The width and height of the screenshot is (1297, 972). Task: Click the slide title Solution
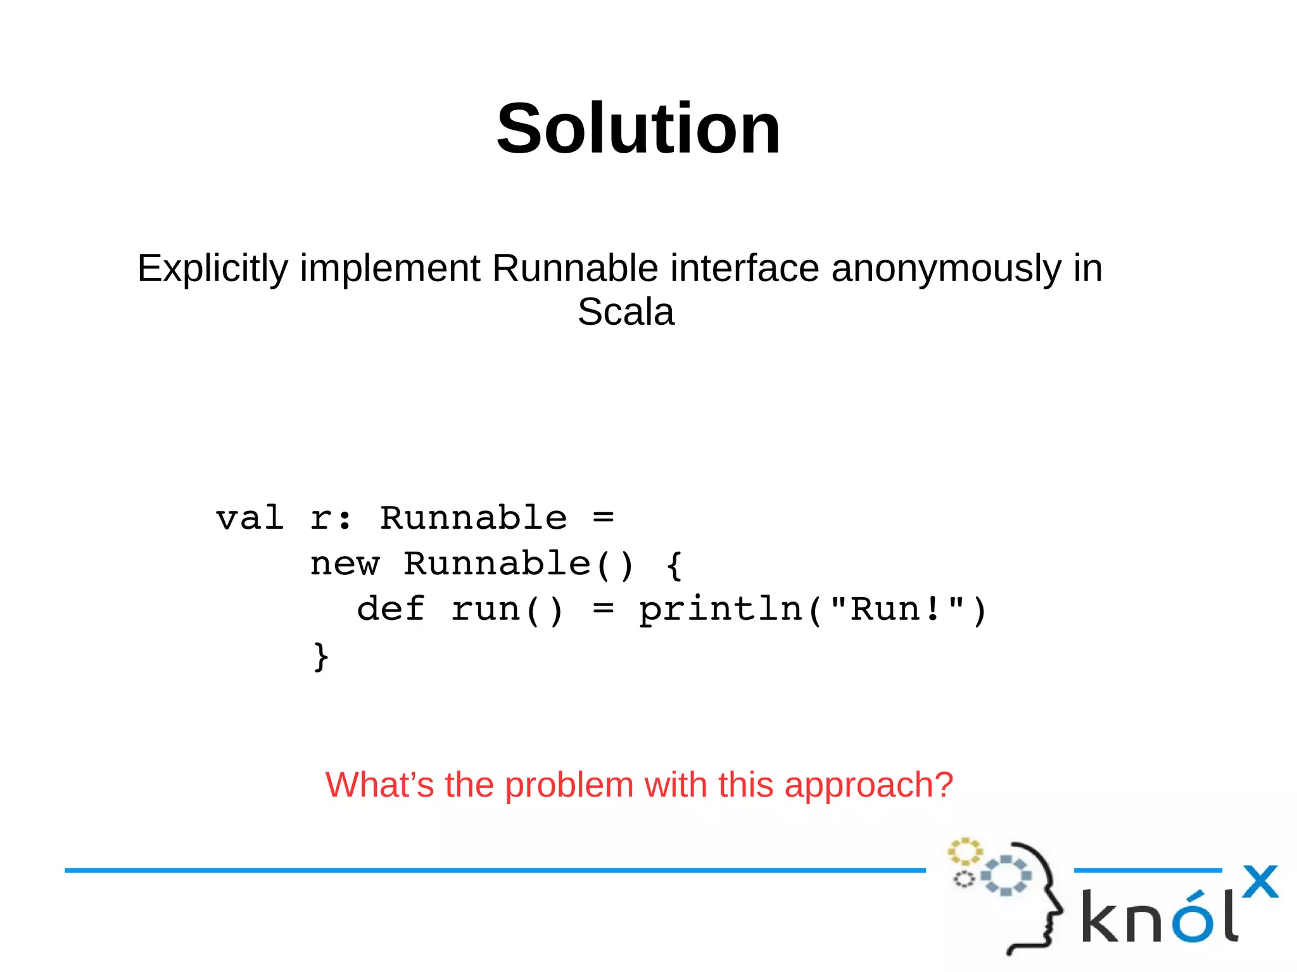[638, 130]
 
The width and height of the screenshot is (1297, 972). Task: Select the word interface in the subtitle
[744, 268]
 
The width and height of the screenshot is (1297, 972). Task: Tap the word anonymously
[946, 268]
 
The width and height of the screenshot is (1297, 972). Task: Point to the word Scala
[626, 312]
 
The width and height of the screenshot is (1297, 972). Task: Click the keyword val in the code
[250, 519]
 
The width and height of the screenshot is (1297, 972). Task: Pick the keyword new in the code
[345, 564]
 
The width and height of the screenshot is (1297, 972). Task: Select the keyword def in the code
[391, 610]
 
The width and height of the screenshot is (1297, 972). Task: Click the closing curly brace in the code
[321, 656]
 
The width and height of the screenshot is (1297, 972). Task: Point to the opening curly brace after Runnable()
[674, 564]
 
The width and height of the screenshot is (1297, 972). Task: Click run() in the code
[507, 610]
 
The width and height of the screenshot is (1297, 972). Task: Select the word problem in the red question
[569, 785]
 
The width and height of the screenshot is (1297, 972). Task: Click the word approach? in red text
[868, 785]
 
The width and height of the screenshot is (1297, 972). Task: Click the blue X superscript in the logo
[1260, 881]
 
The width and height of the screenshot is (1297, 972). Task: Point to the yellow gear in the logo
[965, 852]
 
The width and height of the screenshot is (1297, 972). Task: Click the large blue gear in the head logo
[1006, 876]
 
